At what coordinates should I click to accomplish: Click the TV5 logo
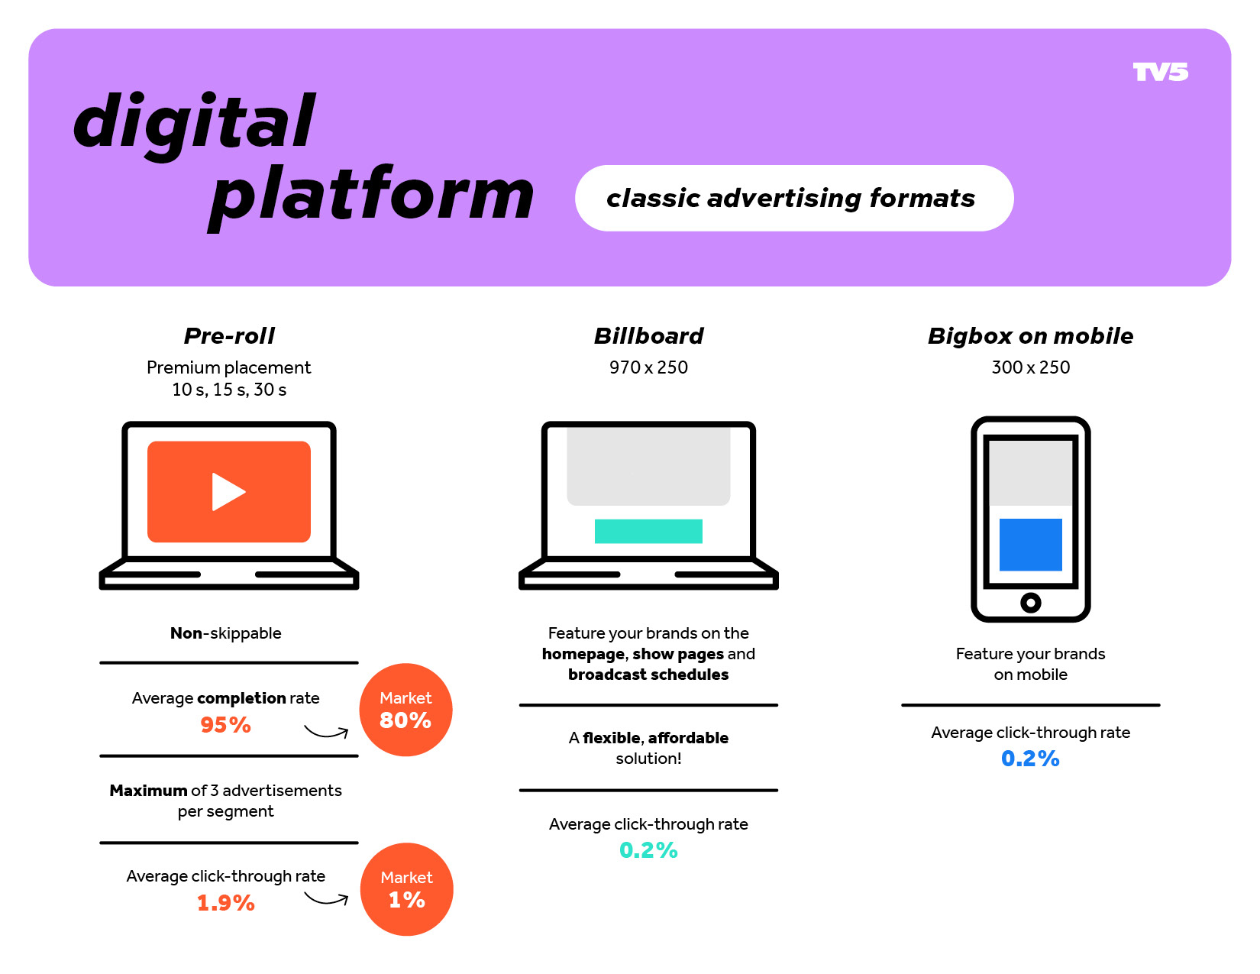tap(1160, 72)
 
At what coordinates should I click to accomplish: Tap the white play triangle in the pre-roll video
tap(228, 491)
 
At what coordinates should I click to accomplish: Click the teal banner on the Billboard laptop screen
tap(648, 531)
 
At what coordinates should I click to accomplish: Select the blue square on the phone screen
tap(1030, 544)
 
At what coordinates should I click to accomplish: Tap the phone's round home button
tap(1030, 602)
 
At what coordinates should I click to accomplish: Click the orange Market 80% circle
tap(405, 709)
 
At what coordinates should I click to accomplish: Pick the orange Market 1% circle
tap(406, 888)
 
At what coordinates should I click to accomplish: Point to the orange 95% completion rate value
tap(225, 724)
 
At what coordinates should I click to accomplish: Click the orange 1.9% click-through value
tap(225, 903)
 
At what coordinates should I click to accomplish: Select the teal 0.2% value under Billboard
tap(648, 849)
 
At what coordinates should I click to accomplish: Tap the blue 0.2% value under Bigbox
tap(1030, 759)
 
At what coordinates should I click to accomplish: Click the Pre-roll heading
tap(229, 336)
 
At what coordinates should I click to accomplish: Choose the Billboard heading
tap(648, 336)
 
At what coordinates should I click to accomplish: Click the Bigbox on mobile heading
tap(1030, 336)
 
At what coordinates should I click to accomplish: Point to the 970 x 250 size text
tap(648, 367)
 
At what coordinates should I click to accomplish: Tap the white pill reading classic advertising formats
tap(794, 198)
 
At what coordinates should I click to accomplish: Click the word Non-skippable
tap(225, 633)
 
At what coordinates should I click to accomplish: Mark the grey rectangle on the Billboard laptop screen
tap(648, 466)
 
